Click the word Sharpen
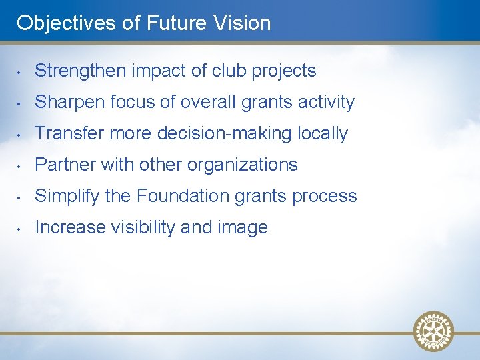pyautogui.click(x=69, y=103)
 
